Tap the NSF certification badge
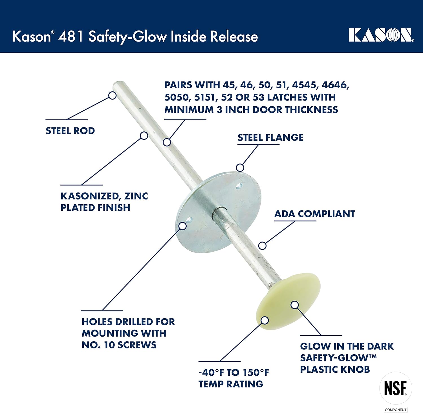pos(396,388)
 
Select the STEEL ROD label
pos(70,131)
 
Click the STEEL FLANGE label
pos(270,138)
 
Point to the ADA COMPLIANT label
pos(314,214)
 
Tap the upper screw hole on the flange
pos(239,186)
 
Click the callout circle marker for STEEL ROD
pos(112,95)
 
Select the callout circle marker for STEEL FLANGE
pos(240,168)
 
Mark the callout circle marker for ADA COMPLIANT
pos(262,245)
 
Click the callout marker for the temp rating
pos(265,320)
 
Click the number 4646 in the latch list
pos(335,85)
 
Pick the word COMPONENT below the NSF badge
pos(396,410)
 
